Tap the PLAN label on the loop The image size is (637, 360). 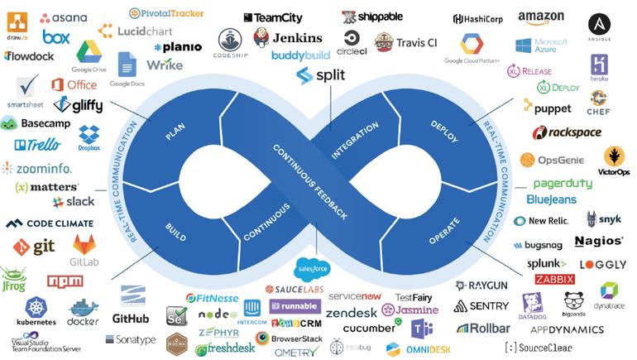tap(175, 131)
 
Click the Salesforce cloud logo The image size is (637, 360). tap(313, 267)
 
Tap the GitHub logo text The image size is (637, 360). tap(131, 319)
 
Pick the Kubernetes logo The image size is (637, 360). tap(36, 312)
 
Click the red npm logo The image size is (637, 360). tap(65, 281)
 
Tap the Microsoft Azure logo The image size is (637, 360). tap(541, 46)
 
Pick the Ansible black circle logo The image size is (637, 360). tap(600, 26)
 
